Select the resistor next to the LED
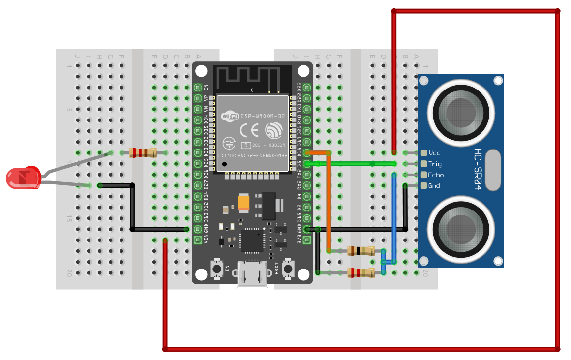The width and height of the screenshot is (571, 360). click(x=143, y=153)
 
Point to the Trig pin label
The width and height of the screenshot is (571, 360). click(x=435, y=164)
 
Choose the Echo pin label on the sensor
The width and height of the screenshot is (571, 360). click(x=436, y=175)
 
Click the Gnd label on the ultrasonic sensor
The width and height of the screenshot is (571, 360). click(x=434, y=186)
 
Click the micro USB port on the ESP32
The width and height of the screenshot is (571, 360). click(x=252, y=273)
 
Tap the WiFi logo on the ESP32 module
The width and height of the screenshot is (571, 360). click(x=230, y=116)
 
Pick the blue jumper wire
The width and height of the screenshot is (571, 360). click(x=394, y=216)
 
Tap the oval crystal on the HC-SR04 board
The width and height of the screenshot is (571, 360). click(x=492, y=170)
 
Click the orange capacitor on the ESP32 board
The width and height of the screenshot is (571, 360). click(x=244, y=203)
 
